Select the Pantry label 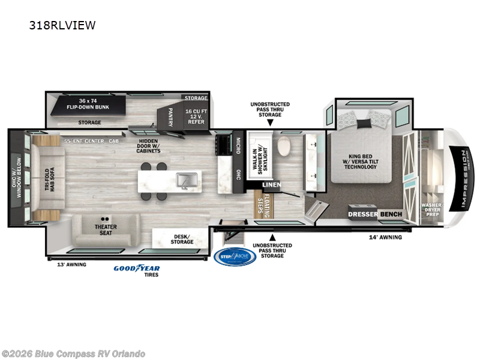click(x=170, y=113)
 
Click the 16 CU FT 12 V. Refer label click(x=196, y=115)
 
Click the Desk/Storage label click(x=182, y=238)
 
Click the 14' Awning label click(x=385, y=237)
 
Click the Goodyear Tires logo click(x=137, y=268)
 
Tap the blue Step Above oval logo click(x=235, y=256)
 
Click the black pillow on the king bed click(x=364, y=124)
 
